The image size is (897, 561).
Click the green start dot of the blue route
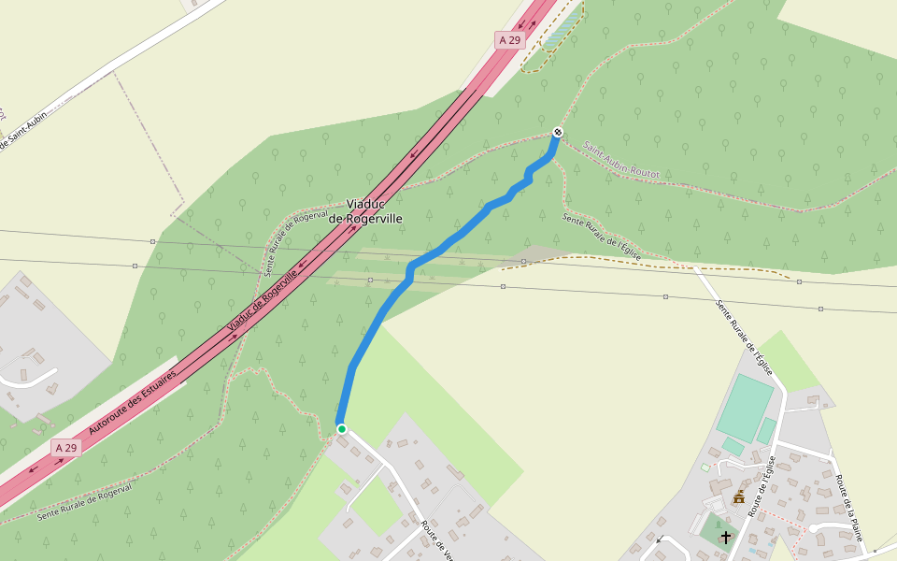(x=342, y=429)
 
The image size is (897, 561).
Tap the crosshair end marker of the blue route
(x=558, y=132)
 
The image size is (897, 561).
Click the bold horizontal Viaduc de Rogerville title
(x=374, y=211)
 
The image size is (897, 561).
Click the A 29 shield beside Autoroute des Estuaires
(x=65, y=448)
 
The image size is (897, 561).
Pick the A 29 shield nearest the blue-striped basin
(x=509, y=40)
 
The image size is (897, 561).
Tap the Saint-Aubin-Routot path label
(x=621, y=161)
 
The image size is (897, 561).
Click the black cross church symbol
(x=726, y=537)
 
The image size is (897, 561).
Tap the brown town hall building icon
(x=739, y=496)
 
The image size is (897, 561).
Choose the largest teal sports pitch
(x=746, y=407)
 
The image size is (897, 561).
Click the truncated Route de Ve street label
(x=438, y=539)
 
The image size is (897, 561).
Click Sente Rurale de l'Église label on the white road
(x=745, y=337)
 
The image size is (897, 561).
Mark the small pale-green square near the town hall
(x=705, y=467)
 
